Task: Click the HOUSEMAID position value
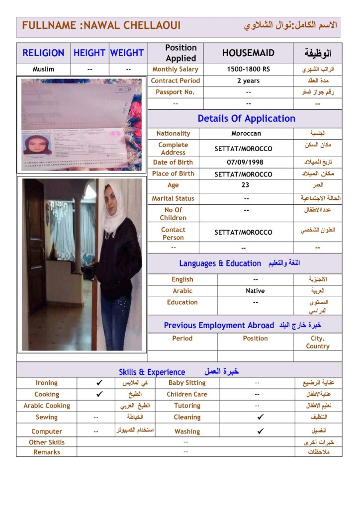[248, 53]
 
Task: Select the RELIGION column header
[43, 53]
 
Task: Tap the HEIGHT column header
[90, 53]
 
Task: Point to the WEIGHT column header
[127, 53]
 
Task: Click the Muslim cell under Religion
[43, 70]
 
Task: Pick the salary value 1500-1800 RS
[248, 70]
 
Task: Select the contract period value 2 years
[248, 81]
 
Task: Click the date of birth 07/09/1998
[245, 163]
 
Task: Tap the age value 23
[245, 185]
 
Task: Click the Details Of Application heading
[246, 118]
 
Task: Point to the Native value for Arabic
[255, 291]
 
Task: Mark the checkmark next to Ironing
[99, 383]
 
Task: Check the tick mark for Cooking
[99, 394]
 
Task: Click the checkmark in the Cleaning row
[261, 417]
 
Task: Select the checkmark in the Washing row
[261, 431]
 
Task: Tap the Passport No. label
[175, 92]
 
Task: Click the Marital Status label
[173, 198]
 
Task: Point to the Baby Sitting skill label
[186, 383]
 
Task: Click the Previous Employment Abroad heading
[219, 326]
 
